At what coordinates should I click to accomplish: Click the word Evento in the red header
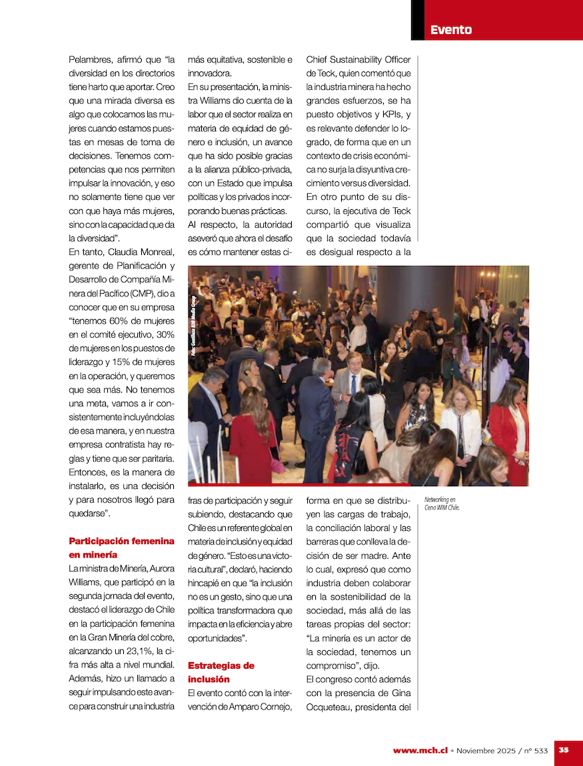[451, 30]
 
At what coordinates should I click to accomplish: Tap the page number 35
[564, 750]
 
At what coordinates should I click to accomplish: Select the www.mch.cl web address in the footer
[420, 751]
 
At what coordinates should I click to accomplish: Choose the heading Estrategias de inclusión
[221, 672]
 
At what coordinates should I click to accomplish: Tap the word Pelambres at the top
[90, 60]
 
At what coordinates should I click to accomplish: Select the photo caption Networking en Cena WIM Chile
[442, 503]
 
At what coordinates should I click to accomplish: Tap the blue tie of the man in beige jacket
[353, 384]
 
